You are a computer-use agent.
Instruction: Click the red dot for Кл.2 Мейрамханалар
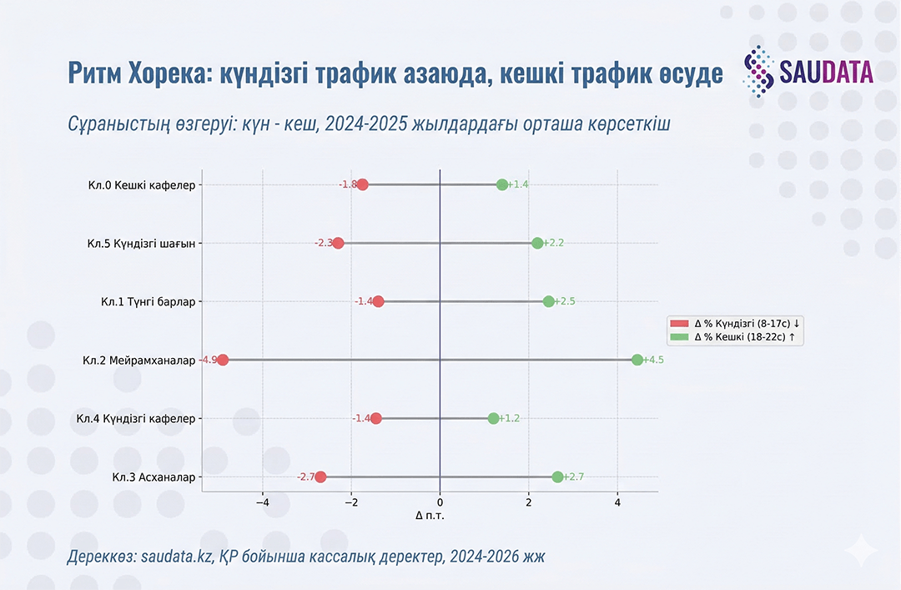pyautogui.click(x=222, y=360)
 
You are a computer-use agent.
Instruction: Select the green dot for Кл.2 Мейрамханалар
pyautogui.click(x=637, y=360)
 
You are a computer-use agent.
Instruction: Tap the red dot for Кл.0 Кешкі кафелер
pyautogui.click(x=362, y=184)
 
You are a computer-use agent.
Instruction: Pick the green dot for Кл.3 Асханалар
pyautogui.click(x=557, y=477)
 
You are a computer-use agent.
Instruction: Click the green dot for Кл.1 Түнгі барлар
pyautogui.click(x=548, y=301)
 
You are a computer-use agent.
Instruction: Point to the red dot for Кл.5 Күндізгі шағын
pyautogui.click(x=338, y=243)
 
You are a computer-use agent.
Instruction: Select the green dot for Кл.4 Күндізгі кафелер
pyautogui.click(x=493, y=418)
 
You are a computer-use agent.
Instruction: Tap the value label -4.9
pyautogui.click(x=208, y=360)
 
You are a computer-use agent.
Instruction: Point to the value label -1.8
pyautogui.click(x=347, y=184)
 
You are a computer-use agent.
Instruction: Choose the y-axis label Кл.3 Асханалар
pyautogui.click(x=154, y=477)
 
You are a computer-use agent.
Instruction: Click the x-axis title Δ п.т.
pyautogui.click(x=430, y=516)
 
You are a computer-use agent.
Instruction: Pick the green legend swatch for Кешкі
pyautogui.click(x=680, y=337)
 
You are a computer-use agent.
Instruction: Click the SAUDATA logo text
pyautogui.click(x=827, y=73)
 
